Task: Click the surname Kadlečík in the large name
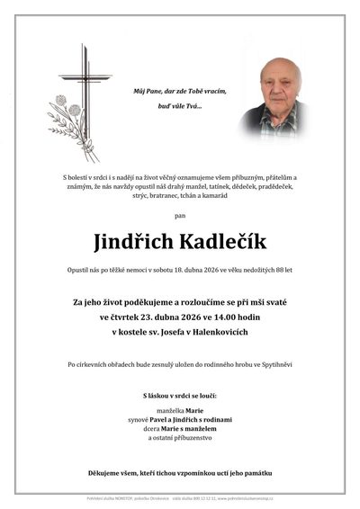click(x=220, y=242)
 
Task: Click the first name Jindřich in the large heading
click(x=134, y=242)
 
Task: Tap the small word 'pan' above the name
click(x=180, y=217)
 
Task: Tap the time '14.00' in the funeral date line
click(x=227, y=317)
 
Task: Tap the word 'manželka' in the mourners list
click(x=157, y=409)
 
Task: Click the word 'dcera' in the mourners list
click(x=149, y=428)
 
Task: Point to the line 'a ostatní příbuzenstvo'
click(x=180, y=438)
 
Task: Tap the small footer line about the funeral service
click(x=180, y=496)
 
